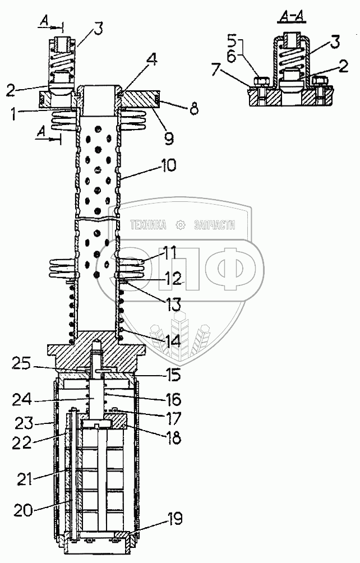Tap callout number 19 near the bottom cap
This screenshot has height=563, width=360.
point(175,519)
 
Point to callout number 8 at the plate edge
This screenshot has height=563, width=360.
point(194,108)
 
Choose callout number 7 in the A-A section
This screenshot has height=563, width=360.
point(216,69)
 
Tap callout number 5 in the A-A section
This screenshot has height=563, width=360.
point(232,40)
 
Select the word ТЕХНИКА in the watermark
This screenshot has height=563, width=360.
point(148,225)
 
